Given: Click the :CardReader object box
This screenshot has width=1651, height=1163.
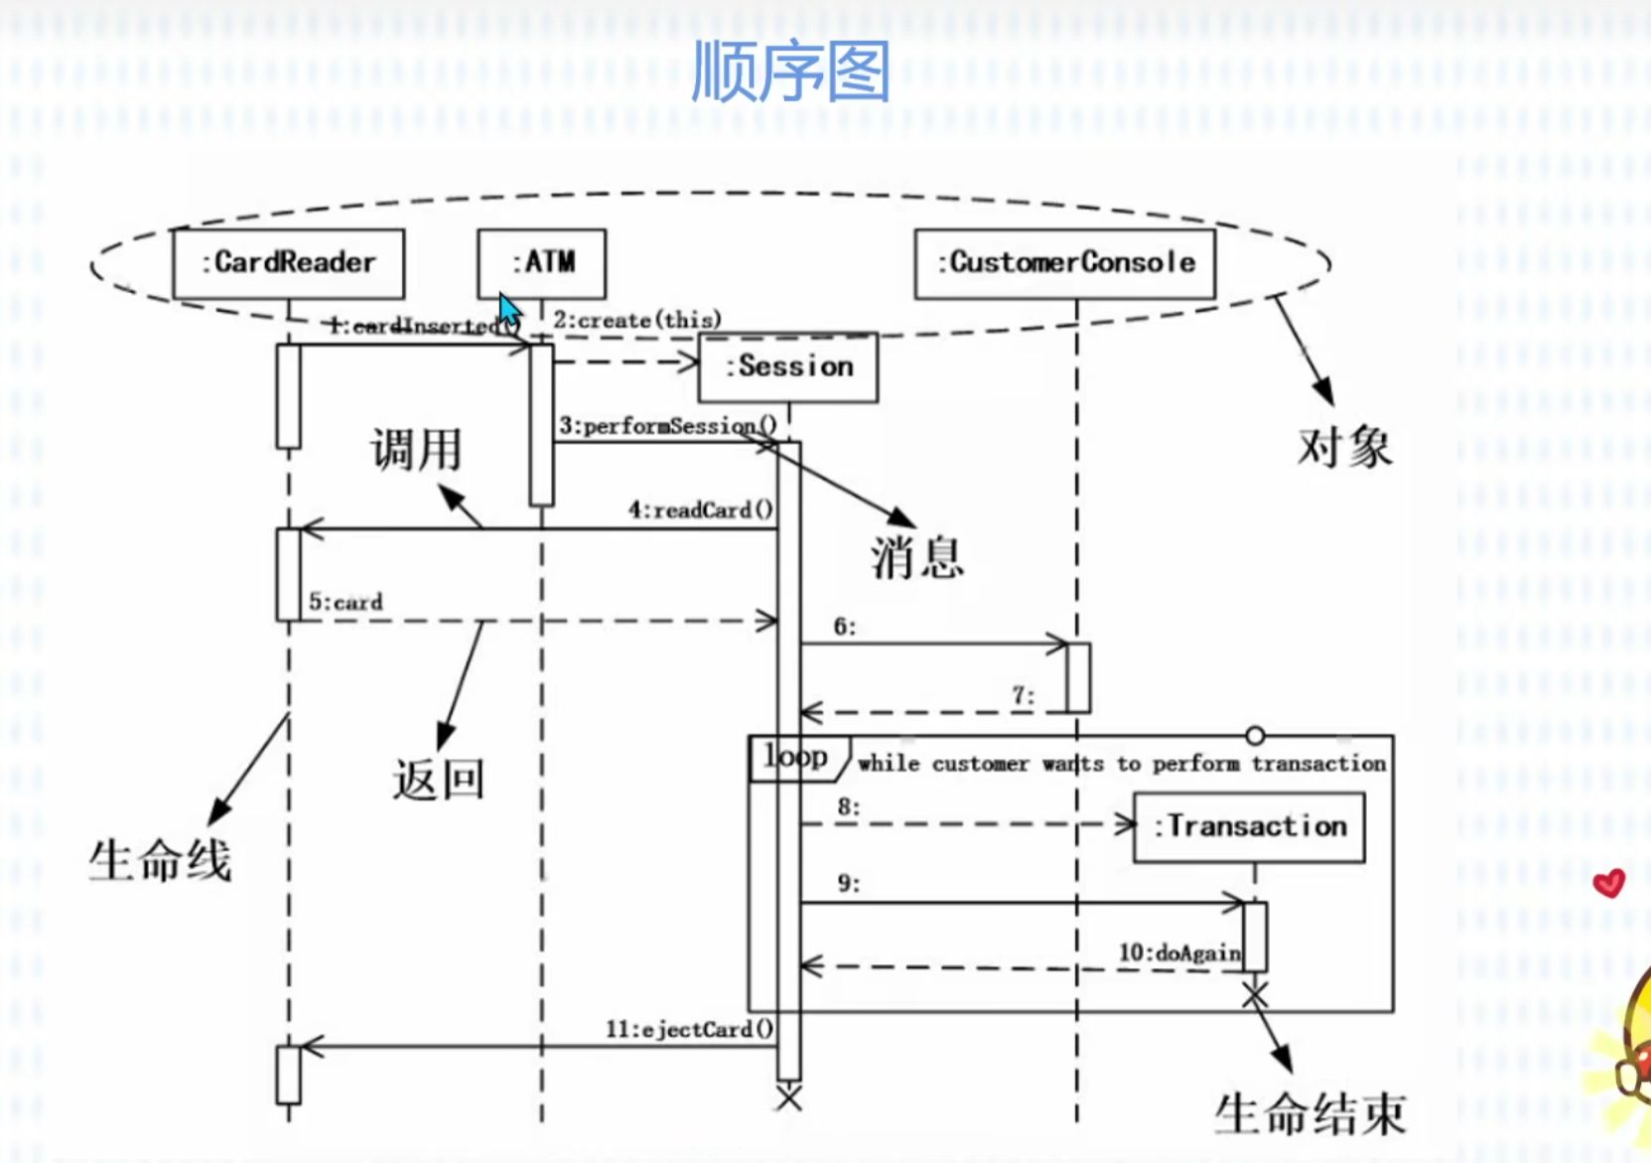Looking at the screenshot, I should click(289, 263).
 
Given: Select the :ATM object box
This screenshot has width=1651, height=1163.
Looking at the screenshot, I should click(542, 263).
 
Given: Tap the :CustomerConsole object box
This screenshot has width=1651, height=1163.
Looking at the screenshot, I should click(1065, 263).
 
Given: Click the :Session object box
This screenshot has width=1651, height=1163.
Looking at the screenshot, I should click(789, 366).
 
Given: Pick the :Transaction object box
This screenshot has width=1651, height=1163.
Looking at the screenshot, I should click(1250, 826).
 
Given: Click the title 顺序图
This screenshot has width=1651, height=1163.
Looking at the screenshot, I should click(790, 72).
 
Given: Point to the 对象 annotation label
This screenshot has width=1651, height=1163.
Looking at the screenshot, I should click(1344, 447).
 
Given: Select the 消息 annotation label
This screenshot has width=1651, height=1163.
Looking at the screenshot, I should click(917, 556).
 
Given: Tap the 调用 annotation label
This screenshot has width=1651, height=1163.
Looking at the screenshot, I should click(417, 449).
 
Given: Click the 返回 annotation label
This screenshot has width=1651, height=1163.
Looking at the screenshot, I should click(438, 779).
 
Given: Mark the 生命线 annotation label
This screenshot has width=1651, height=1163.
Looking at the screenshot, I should click(160, 860).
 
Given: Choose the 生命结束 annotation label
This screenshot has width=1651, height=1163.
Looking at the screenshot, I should click(1310, 1113).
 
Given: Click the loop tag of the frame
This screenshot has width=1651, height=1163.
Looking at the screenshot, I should click(796, 757).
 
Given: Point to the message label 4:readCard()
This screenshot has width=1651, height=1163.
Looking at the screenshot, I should click(701, 510).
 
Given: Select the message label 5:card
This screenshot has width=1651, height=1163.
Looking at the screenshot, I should click(345, 602).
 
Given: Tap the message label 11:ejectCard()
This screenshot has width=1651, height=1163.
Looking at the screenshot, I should click(690, 1029).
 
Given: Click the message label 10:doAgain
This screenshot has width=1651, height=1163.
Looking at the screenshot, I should click(1179, 952).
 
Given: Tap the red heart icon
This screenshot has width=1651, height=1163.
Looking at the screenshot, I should click(1608, 883).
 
